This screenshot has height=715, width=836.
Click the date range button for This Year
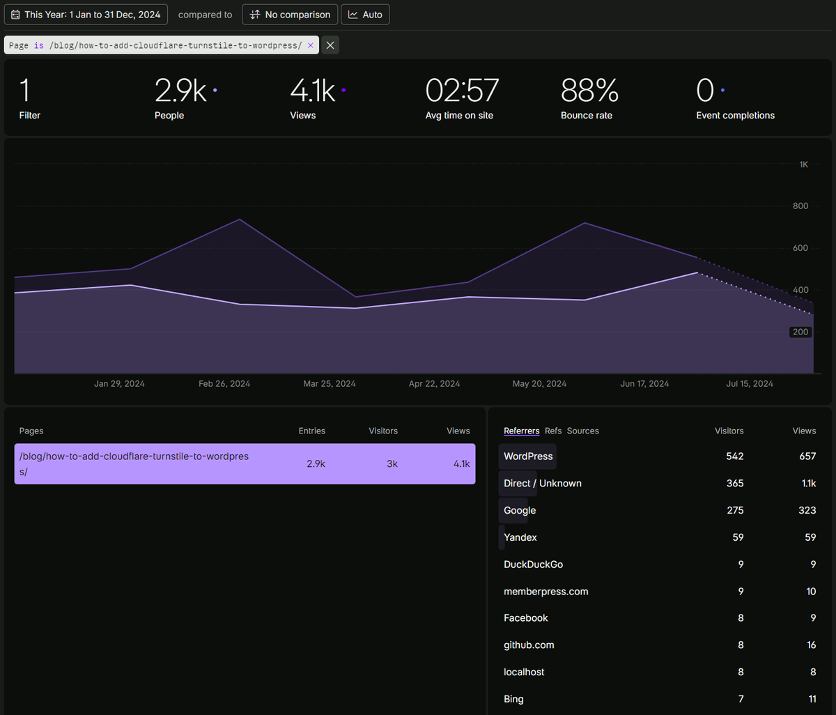86,15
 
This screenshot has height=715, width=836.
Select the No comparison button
290,15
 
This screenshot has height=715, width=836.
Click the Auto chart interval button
365,15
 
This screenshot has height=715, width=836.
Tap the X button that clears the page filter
330,45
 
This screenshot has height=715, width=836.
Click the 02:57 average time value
462,91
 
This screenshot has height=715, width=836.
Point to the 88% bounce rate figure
589,91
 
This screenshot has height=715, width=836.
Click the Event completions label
735,116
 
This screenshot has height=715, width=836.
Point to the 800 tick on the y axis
800,206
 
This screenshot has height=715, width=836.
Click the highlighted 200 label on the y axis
800,332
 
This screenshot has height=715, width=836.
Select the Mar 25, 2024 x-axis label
330,384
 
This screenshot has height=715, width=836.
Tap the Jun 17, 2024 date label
644,384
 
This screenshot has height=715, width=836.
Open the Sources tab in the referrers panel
582,431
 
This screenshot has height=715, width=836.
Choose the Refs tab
553,431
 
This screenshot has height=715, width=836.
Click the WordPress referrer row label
528,456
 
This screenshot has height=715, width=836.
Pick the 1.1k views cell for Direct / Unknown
808,484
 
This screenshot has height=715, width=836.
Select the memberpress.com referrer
545,592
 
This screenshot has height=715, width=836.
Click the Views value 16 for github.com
811,645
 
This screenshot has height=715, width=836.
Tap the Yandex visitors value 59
738,538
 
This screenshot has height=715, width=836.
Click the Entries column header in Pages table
311,431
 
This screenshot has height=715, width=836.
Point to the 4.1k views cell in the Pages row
461,464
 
